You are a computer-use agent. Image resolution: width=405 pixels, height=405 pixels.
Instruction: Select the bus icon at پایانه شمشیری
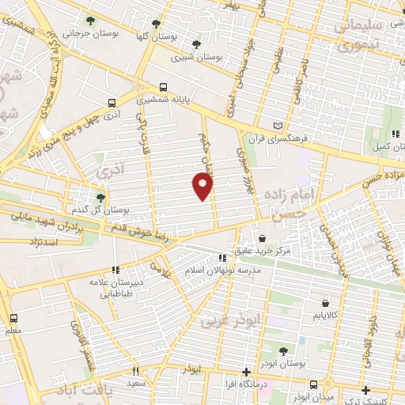click(x=163, y=88)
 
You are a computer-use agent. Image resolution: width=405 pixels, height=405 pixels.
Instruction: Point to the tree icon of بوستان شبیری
click(x=196, y=44)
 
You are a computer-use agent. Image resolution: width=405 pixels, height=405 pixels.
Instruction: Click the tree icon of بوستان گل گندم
click(x=100, y=199)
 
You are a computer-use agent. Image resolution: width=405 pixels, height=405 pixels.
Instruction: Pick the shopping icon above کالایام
click(x=326, y=302)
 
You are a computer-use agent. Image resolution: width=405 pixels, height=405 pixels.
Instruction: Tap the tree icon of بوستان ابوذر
click(x=283, y=351)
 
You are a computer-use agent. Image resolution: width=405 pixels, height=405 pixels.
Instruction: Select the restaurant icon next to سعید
click(x=135, y=371)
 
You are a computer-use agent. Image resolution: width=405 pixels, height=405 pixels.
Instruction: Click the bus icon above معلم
click(x=13, y=318)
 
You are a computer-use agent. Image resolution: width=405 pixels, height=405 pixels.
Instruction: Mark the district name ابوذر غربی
click(x=220, y=322)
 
